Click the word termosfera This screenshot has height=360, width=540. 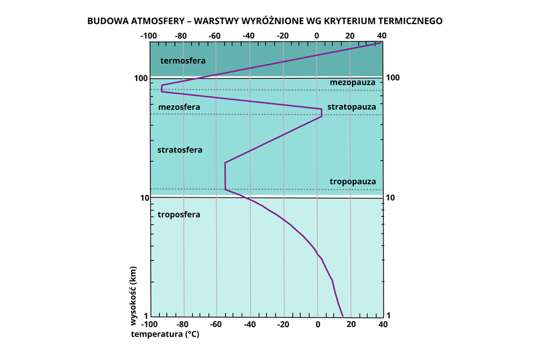pyautogui.click(x=182, y=60)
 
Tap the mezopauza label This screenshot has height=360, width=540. pyautogui.click(x=353, y=83)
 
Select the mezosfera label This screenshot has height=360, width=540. pyautogui.click(x=179, y=107)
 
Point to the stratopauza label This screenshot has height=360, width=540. pyautogui.click(x=352, y=106)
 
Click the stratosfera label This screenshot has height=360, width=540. pyautogui.click(x=179, y=150)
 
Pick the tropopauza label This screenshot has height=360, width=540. pyautogui.click(x=352, y=182)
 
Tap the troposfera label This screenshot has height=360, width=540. pyautogui.click(x=179, y=214)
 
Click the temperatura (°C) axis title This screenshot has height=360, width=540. pyautogui.click(x=165, y=334)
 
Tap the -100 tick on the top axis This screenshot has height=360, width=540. pyautogui.click(x=148, y=35)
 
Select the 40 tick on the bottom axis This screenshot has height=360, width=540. pyautogui.click(x=382, y=325)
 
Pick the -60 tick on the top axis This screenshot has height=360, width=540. pyautogui.click(x=215, y=35)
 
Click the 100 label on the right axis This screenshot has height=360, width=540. pyautogui.click(x=394, y=77)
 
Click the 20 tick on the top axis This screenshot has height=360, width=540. pyautogui.click(x=350, y=35)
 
